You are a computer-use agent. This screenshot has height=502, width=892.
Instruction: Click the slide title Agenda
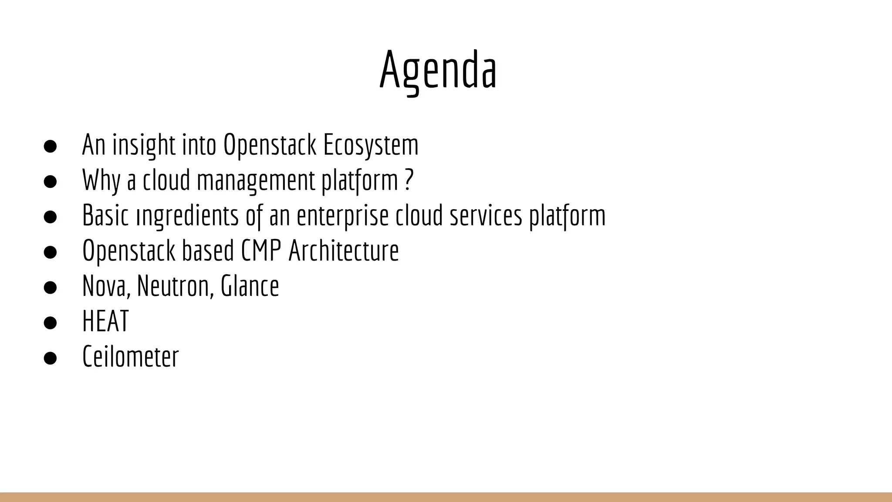point(438,70)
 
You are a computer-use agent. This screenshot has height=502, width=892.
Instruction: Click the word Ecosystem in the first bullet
point(370,145)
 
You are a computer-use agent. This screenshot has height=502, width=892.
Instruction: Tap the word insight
point(144,145)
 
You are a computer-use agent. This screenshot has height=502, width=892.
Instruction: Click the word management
point(256,180)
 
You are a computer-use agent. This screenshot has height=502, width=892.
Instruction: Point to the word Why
point(101,180)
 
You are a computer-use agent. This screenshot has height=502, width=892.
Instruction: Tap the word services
point(486,216)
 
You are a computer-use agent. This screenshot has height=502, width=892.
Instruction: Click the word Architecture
point(344,251)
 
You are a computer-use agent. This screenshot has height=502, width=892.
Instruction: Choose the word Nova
point(106,286)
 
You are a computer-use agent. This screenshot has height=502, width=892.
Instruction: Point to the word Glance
point(250,286)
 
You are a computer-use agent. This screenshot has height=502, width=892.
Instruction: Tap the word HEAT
point(105,322)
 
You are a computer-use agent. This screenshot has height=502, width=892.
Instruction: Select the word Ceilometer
point(130,357)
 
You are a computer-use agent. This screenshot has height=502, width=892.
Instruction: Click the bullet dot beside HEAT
point(51,322)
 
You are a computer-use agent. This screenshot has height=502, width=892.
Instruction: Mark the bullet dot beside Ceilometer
point(51,358)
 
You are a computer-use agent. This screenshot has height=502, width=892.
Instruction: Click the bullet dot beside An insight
point(51,146)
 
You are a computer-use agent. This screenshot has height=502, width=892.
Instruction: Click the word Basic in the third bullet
point(105,216)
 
